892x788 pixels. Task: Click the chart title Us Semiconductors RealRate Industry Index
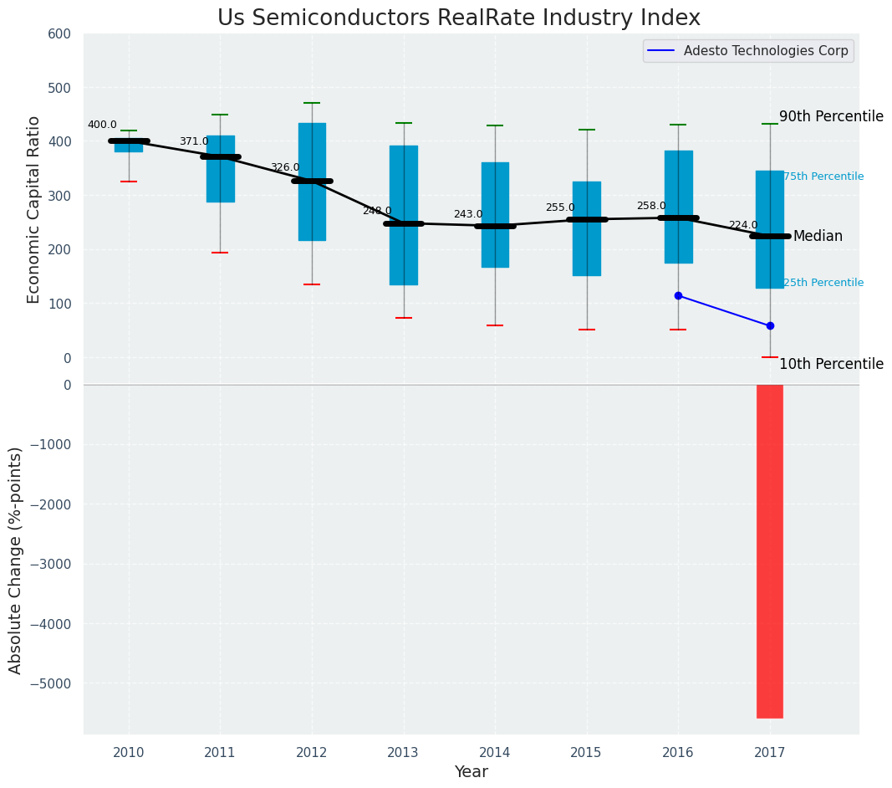click(x=458, y=18)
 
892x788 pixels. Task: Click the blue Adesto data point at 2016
click(x=678, y=296)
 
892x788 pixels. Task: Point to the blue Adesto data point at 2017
click(x=770, y=325)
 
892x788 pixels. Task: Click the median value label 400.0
click(x=102, y=125)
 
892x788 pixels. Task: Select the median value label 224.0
click(x=742, y=226)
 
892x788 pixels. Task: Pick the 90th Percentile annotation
click(x=831, y=116)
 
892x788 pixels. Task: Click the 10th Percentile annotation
click(x=831, y=364)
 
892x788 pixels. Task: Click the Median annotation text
click(x=818, y=237)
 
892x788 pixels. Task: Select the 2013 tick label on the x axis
click(x=404, y=753)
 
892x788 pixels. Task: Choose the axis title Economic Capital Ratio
click(x=34, y=209)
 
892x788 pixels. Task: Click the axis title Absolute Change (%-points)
click(x=16, y=560)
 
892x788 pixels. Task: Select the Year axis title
click(x=471, y=772)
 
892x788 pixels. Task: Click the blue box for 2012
click(x=312, y=182)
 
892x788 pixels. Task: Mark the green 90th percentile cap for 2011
click(x=221, y=115)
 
